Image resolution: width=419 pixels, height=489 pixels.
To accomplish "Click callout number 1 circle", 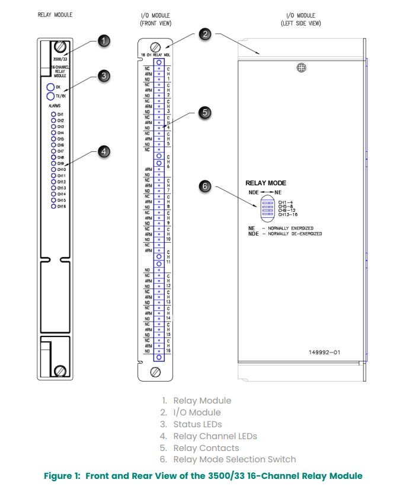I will tap(104, 40).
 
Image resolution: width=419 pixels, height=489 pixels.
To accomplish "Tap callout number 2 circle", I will tap(206, 34).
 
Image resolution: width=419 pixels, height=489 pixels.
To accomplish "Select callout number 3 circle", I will tap(104, 75).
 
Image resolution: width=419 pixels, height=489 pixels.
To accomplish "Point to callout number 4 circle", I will tap(104, 152).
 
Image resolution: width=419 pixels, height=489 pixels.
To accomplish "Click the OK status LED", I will tap(50, 88).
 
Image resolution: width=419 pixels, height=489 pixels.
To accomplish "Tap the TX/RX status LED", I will tap(50, 96).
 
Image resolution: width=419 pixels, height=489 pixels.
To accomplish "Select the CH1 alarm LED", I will tap(53, 114).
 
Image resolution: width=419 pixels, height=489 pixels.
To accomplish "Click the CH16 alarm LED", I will tap(53, 206).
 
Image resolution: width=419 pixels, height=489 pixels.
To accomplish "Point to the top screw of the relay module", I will tap(60, 47).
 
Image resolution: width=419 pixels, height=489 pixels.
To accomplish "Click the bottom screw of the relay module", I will tap(60, 371).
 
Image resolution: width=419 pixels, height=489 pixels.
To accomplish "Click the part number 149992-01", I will tap(324, 352).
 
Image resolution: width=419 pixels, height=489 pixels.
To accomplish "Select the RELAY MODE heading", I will tap(266, 183).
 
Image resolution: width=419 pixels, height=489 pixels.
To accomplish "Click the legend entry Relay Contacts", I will tap(206, 448).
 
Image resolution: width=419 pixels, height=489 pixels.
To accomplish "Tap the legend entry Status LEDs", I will tap(197, 424).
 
